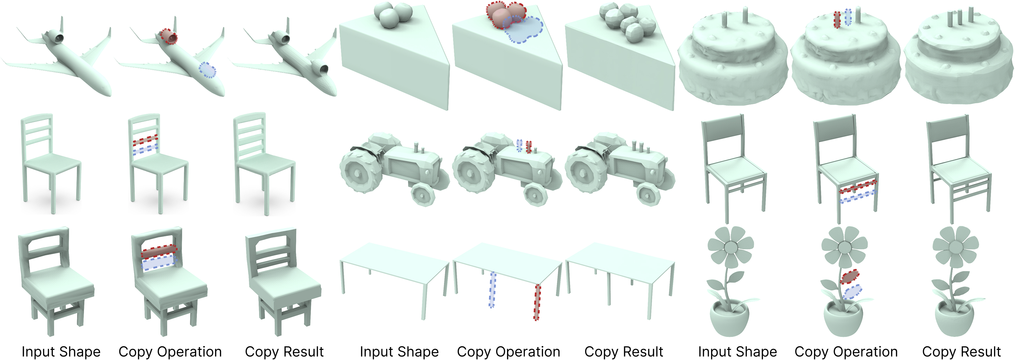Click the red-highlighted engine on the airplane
coord(170,37)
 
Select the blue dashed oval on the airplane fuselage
coord(207,70)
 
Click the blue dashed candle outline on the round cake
coord(848,17)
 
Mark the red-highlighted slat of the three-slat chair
coord(145,140)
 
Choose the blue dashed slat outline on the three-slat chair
coord(145,149)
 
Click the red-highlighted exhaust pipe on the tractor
coord(529,147)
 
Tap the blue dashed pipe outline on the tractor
coord(520,145)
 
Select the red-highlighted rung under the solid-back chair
coord(858,187)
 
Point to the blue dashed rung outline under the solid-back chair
coord(858,196)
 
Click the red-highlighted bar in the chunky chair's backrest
coord(159,252)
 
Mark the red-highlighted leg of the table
coord(537,302)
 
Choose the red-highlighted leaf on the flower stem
coord(850,276)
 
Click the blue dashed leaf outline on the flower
coord(852,292)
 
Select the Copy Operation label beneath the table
coord(508,351)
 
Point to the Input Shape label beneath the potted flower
coord(737,351)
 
